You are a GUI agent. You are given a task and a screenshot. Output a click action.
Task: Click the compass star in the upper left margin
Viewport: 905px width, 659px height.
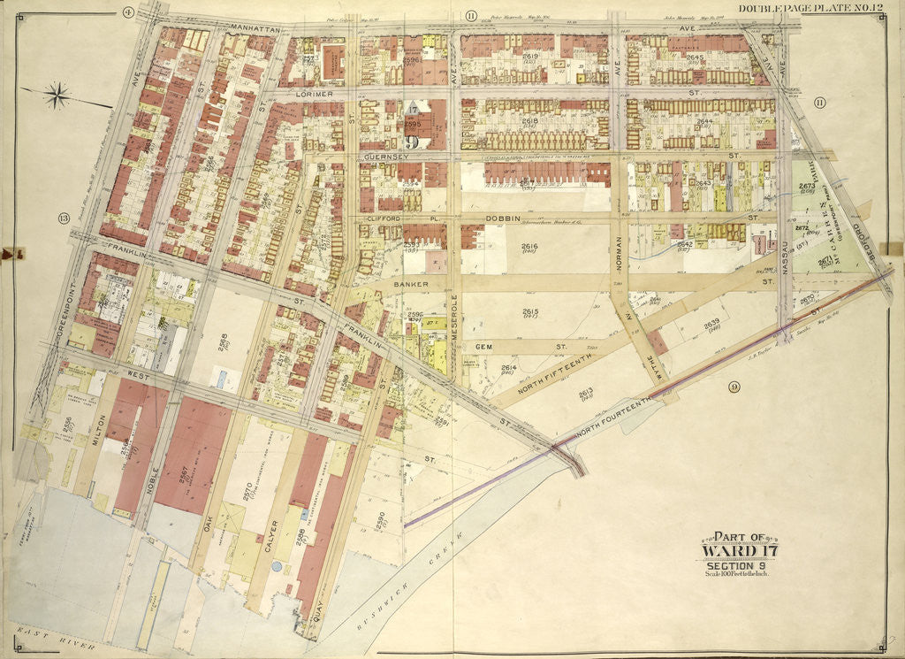tap(57, 94)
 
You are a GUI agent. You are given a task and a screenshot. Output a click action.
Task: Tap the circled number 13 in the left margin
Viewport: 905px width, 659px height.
tap(63, 218)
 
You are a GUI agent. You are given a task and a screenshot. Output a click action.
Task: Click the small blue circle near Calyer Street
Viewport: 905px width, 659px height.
tap(277, 565)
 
